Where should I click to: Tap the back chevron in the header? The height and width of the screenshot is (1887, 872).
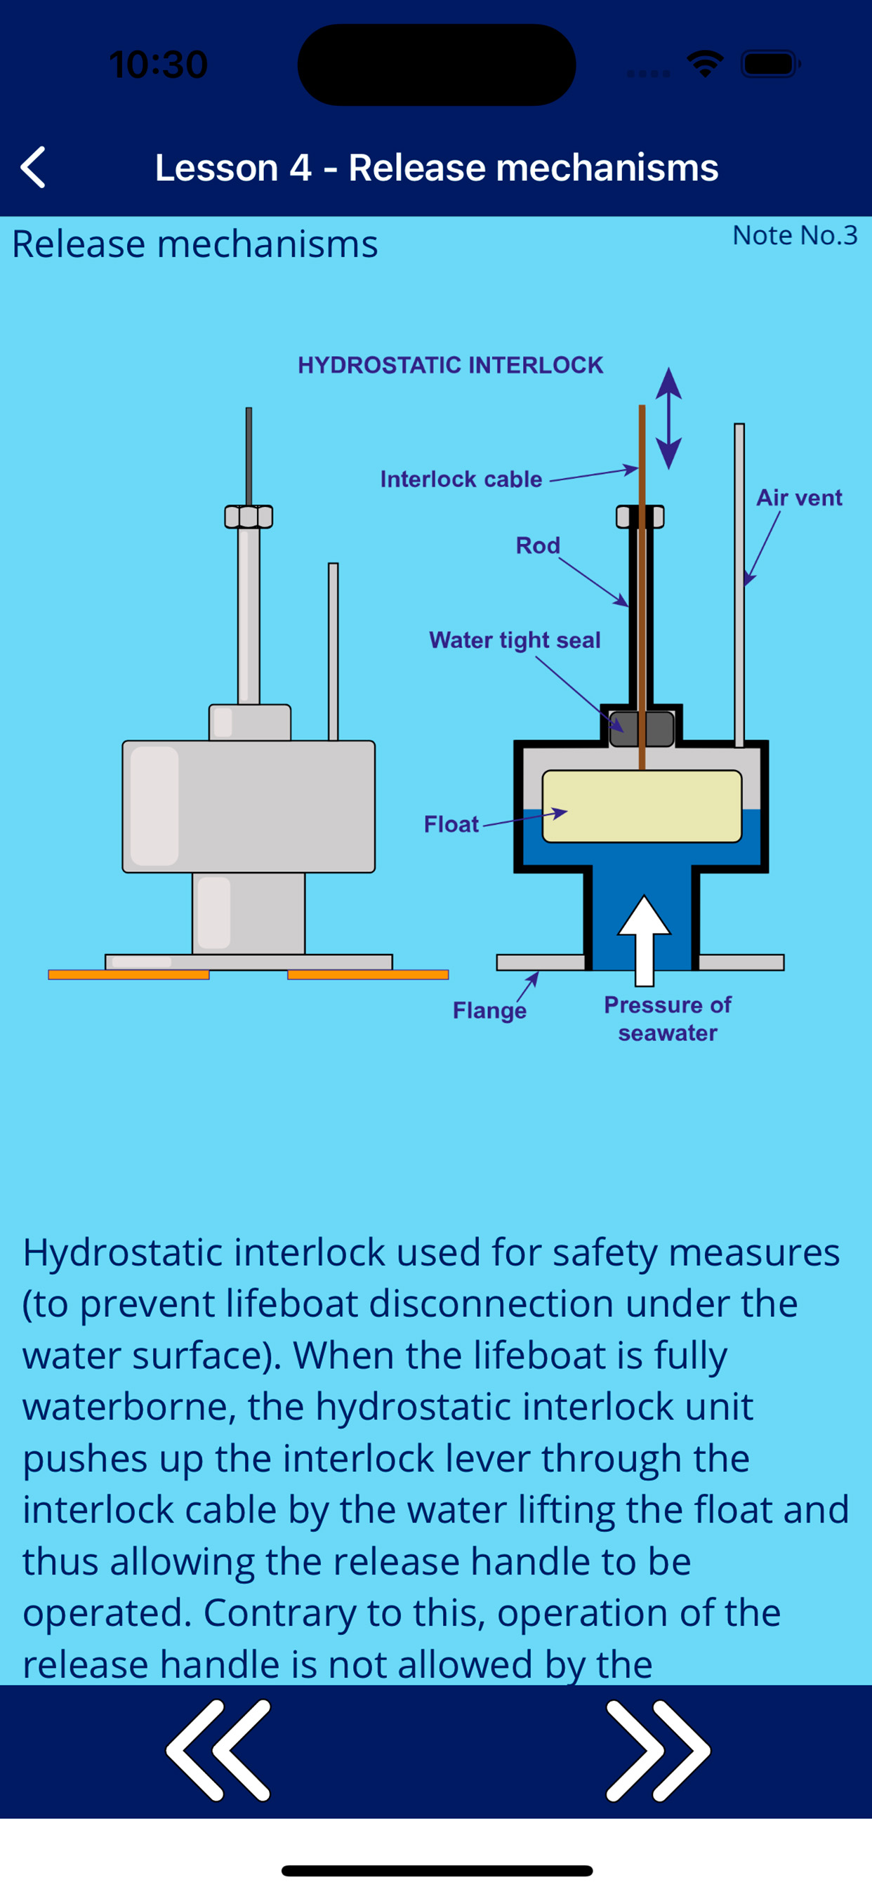point(34,167)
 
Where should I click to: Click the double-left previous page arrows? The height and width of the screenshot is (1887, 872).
point(218,1749)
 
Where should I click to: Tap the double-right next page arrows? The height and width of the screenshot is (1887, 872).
point(657,1749)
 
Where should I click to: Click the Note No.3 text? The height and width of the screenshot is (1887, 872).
point(794,235)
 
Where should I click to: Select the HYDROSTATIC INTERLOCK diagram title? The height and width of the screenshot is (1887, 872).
point(450,365)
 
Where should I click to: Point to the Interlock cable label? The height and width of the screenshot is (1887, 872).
point(461,479)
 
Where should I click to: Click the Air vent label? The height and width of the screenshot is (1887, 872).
point(799,498)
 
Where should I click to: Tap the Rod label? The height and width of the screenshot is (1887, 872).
point(538,545)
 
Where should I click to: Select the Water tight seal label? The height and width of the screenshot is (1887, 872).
point(515,640)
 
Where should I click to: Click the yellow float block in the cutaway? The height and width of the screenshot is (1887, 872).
point(642,806)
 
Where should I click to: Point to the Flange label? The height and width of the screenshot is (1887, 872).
point(489,1011)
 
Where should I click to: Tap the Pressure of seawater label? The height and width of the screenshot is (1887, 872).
point(668,1019)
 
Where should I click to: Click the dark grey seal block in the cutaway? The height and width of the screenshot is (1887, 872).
point(642,729)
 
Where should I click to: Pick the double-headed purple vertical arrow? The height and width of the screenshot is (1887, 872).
point(668,418)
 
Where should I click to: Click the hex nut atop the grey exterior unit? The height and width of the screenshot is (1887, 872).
point(249,517)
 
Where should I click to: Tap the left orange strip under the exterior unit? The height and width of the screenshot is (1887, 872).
point(128,974)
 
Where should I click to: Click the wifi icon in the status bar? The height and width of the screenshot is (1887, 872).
point(705,65)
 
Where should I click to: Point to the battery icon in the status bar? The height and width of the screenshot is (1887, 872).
point(769,65)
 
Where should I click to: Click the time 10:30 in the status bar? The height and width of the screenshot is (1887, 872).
point(158,65)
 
